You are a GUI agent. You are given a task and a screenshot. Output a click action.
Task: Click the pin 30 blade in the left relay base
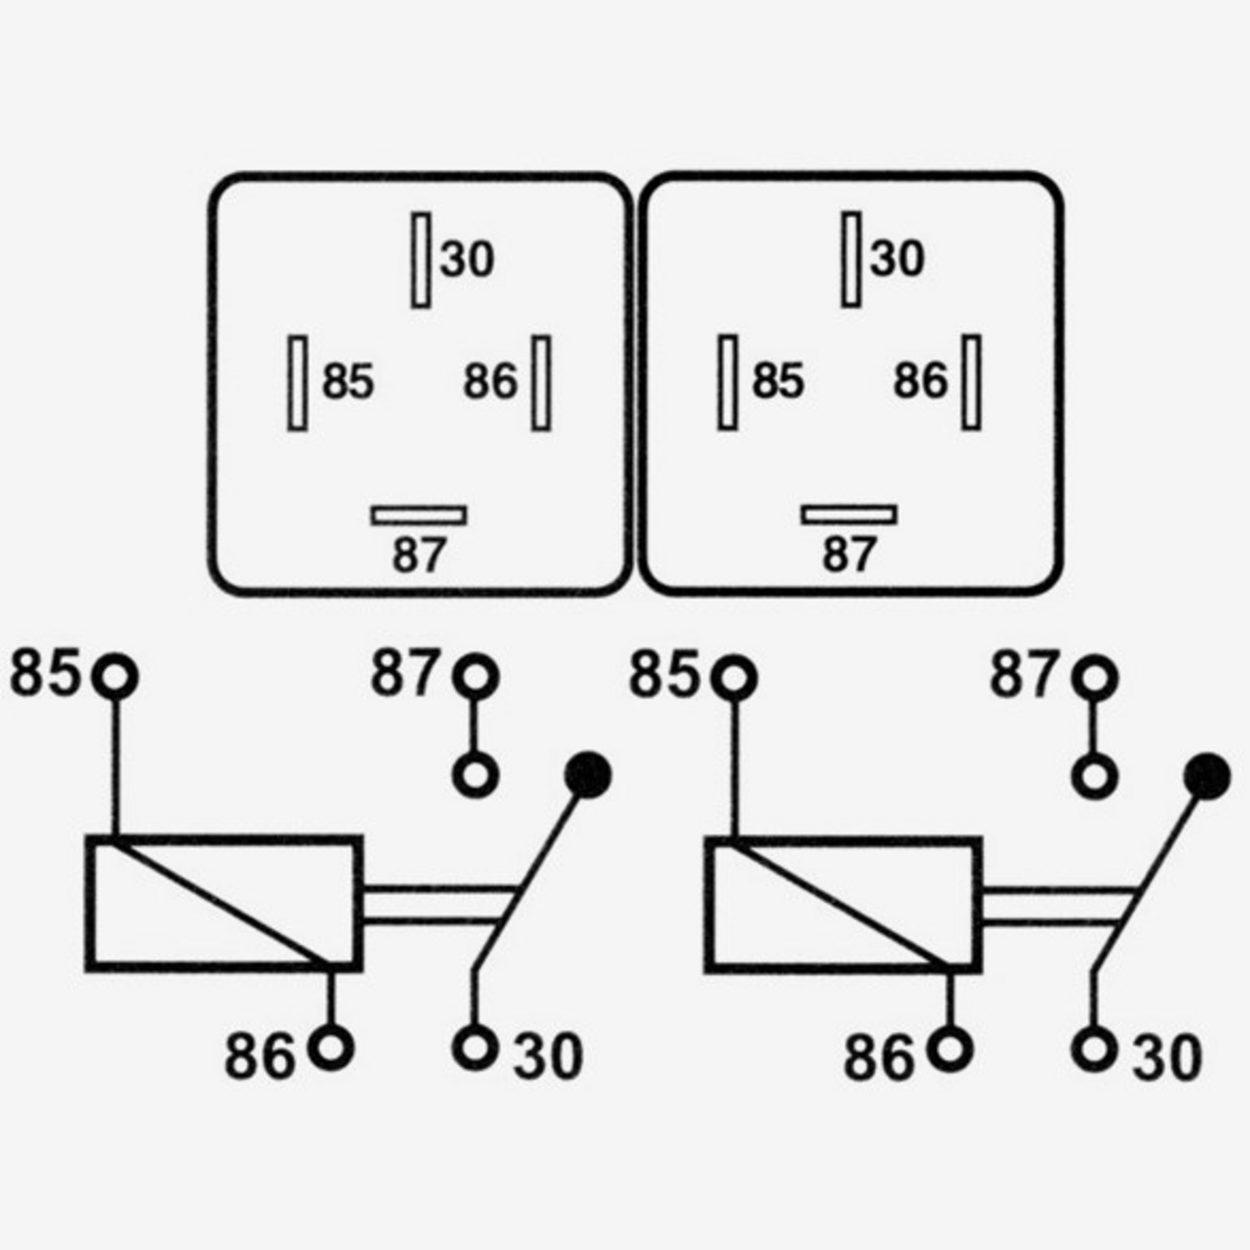[421, 260]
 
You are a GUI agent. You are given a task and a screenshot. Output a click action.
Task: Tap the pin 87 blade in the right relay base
[849, 515]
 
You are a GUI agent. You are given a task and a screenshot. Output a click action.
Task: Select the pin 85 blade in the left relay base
[297, 382]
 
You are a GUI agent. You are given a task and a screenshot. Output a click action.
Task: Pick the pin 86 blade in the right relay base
[971, 382]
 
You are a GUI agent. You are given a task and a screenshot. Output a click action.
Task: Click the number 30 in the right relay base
[897, 257]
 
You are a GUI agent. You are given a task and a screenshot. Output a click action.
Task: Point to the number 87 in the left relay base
[419, 555]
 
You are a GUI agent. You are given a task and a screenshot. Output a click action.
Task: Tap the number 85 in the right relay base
[778, 382]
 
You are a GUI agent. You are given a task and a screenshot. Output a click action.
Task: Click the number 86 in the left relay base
[491, 382]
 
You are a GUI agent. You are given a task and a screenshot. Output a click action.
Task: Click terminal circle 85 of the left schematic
[115, 676]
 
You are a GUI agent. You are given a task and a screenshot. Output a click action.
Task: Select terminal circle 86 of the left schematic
[331, 1047]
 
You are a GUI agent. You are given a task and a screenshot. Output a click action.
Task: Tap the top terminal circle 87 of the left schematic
[476, 676]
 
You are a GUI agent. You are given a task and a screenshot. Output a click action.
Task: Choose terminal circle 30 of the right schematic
[1094, 1047]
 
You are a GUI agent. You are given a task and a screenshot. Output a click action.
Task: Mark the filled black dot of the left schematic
[588, 775]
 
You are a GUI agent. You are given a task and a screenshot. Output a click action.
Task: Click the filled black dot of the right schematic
[1207, 775]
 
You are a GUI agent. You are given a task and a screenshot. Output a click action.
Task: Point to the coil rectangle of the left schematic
[223, 903]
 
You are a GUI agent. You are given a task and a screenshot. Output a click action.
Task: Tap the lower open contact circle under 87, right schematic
[1095, 777]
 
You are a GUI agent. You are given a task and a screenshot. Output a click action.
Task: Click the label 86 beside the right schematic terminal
[878, 1057]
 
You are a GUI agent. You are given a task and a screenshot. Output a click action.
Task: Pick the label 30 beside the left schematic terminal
[547, 1056]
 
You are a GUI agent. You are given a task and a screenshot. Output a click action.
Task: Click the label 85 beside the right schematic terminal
[663, 675]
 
